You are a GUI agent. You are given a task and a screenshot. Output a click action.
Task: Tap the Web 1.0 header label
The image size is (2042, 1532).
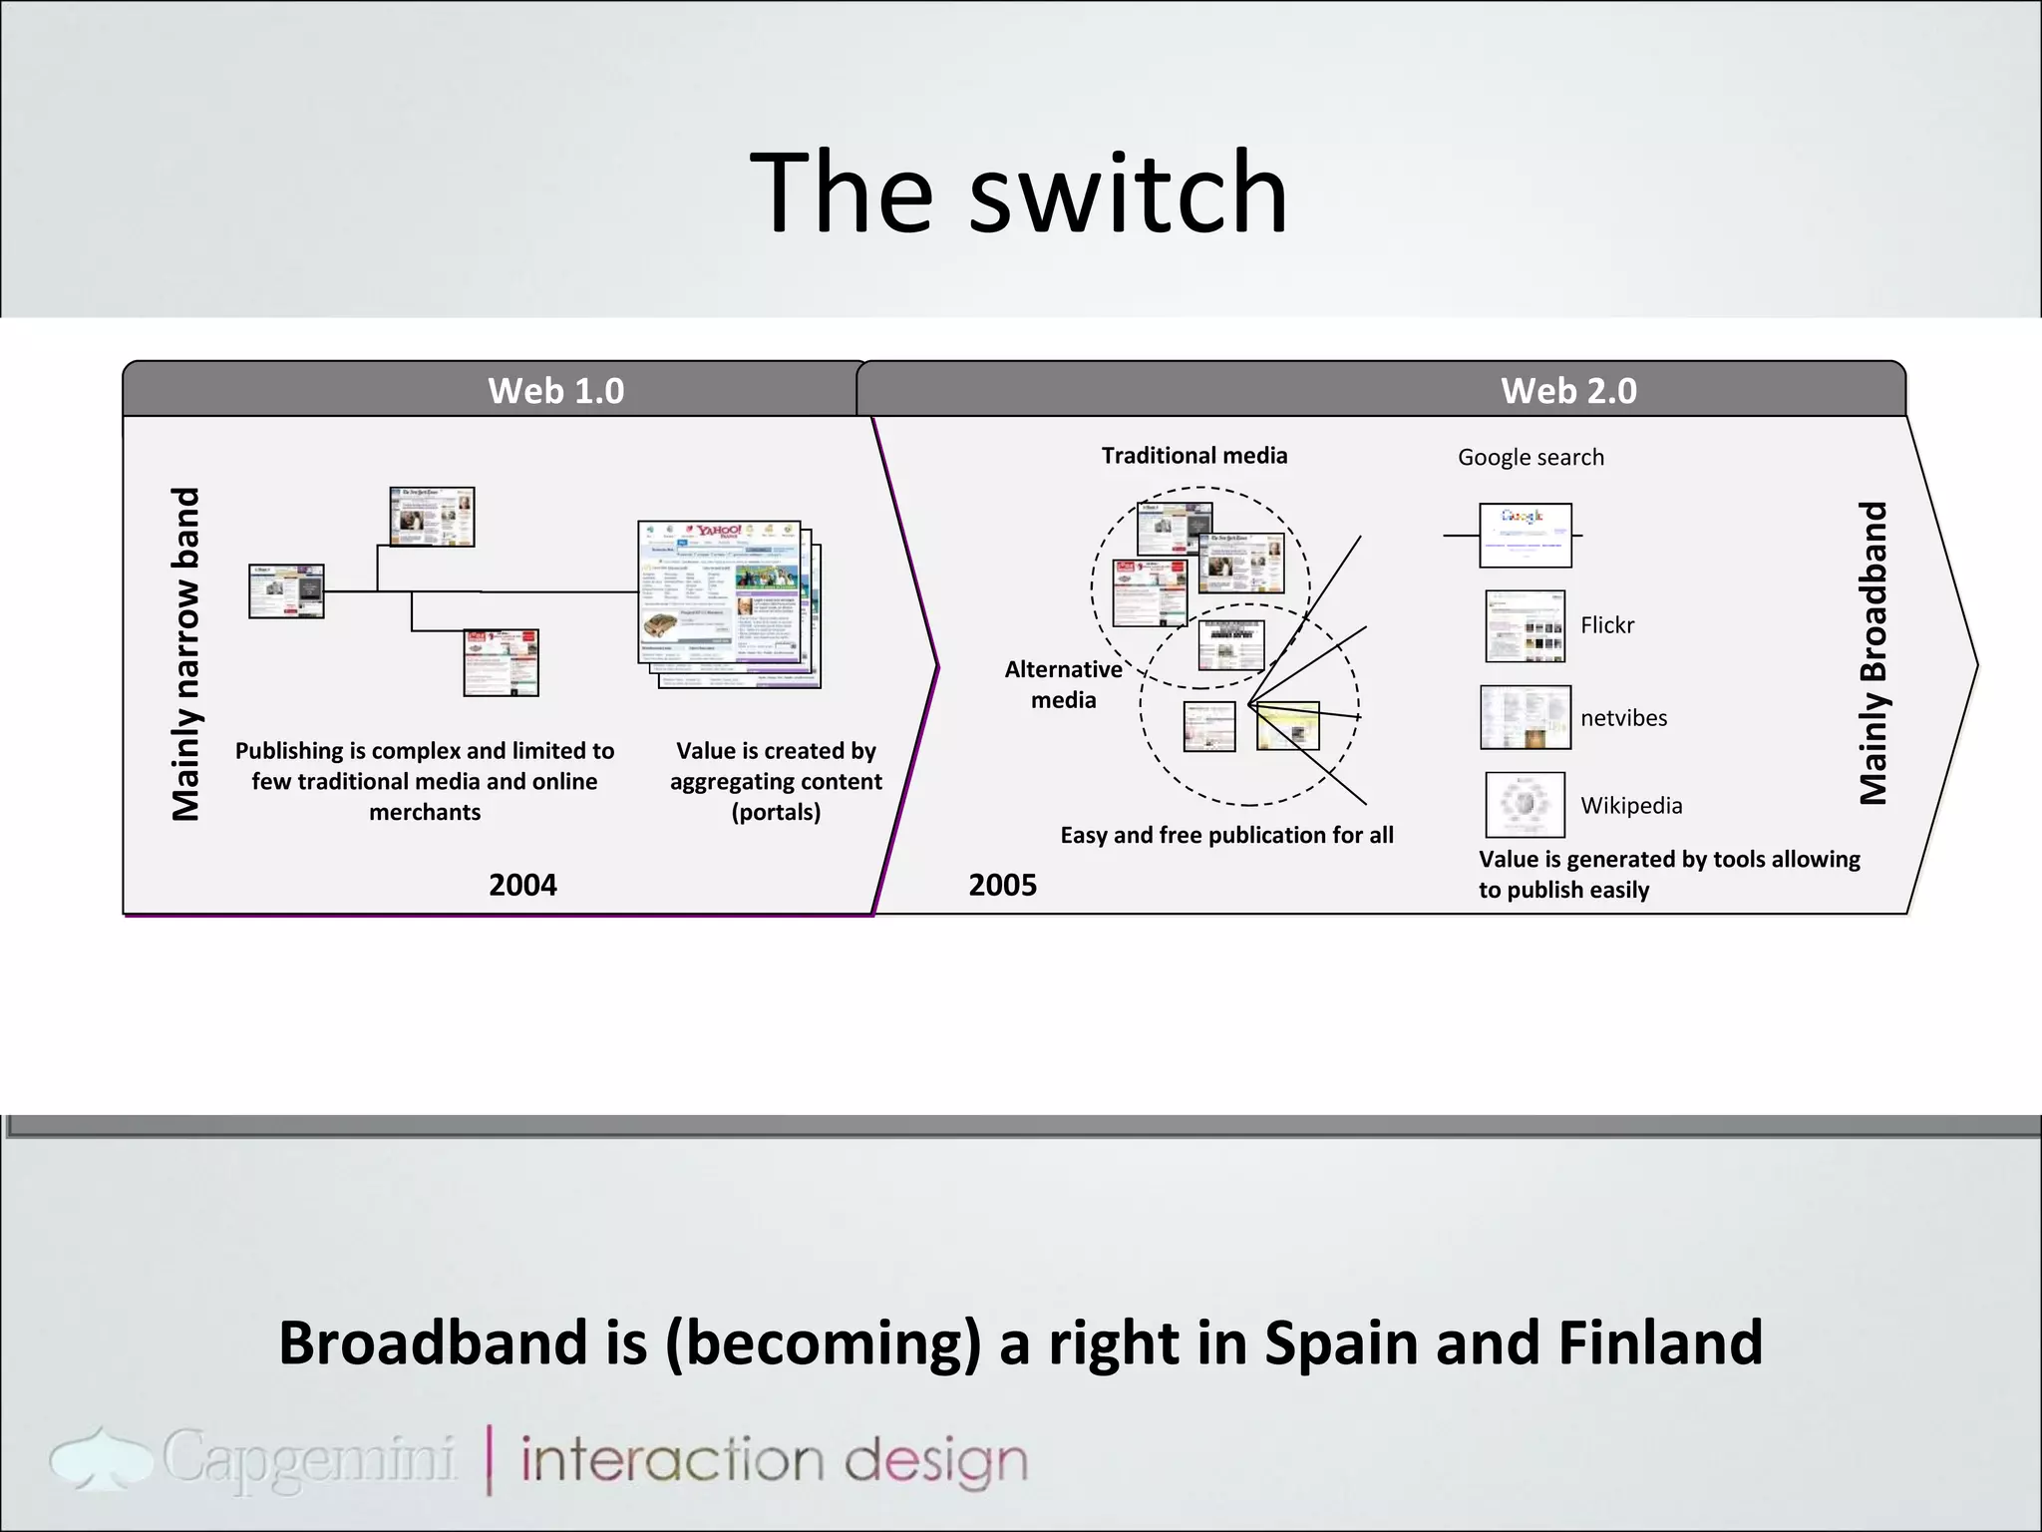[x=555, y=390]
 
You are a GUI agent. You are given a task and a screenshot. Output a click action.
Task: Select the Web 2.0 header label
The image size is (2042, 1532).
[x=1568, y=390]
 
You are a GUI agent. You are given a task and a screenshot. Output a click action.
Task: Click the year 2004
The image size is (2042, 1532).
[x=522, y=885]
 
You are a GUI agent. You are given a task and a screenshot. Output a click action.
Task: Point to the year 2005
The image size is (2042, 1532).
[x=1002, y=885]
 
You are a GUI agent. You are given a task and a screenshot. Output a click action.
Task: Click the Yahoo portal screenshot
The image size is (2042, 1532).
[x=720, y=592]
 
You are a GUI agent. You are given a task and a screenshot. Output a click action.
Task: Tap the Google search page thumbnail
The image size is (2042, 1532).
[x=1525, y=536]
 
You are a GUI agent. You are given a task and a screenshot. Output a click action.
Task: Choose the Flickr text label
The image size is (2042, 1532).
[x=1607, y=625]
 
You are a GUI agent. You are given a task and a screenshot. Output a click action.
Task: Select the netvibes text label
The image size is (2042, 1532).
[x=1623, y=718]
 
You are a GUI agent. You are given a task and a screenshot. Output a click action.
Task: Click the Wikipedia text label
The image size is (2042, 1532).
[x=1631, y=805]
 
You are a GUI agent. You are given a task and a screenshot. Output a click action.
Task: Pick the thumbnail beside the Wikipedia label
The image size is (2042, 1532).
[x=1525, y=804]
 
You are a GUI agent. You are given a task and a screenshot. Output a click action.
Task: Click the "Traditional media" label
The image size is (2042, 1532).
[x=1193, y=456]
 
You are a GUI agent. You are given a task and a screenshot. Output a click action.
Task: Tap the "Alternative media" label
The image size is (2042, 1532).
[x=1063, y=684]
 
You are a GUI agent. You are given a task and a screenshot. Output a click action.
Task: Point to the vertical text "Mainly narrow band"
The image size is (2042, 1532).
[x=186, y=654]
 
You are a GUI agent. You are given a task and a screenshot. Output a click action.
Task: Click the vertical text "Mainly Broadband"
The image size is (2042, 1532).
[x=1873, y=653]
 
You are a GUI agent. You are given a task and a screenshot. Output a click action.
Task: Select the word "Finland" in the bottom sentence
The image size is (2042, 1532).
[x=1660, y=1342]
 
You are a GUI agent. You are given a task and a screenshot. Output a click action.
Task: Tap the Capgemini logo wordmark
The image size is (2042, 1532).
[x=308, y=1458]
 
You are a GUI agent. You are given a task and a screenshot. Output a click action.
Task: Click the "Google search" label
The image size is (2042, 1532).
[x=1531, y=458]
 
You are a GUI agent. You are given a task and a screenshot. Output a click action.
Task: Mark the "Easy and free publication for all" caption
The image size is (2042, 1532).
[x=1226, y=835]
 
